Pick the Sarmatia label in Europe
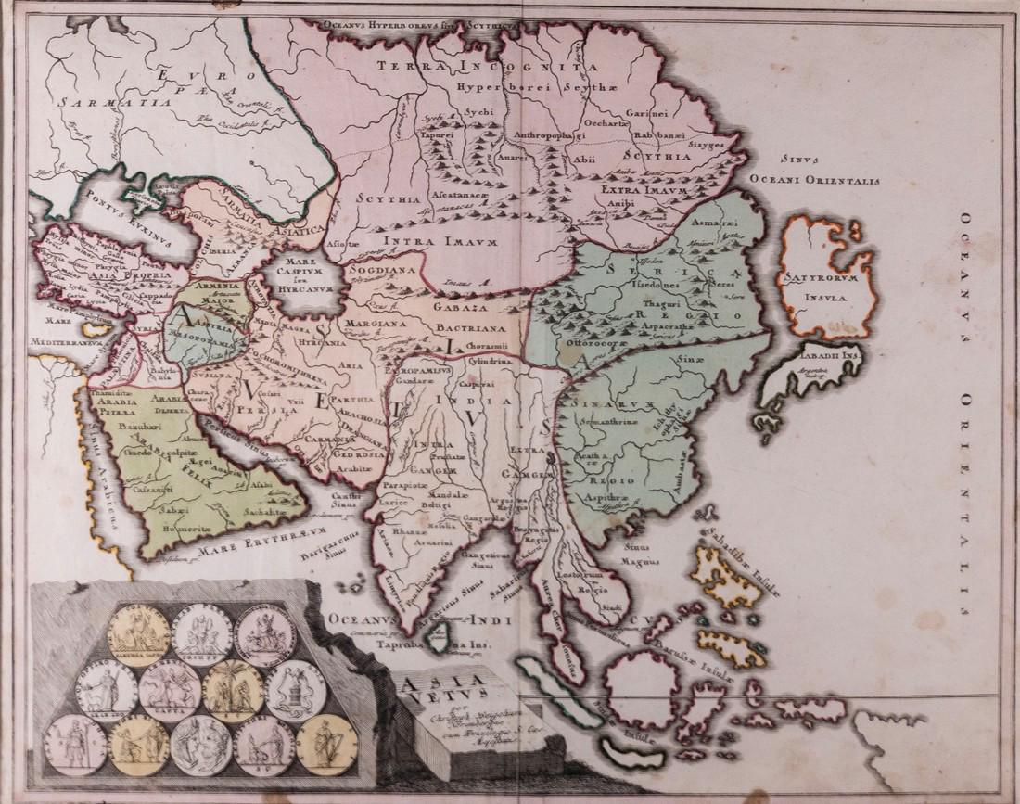(x=70, y=95)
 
